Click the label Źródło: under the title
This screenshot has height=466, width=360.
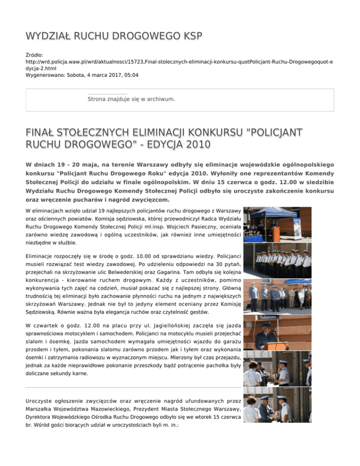coord(35,55)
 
